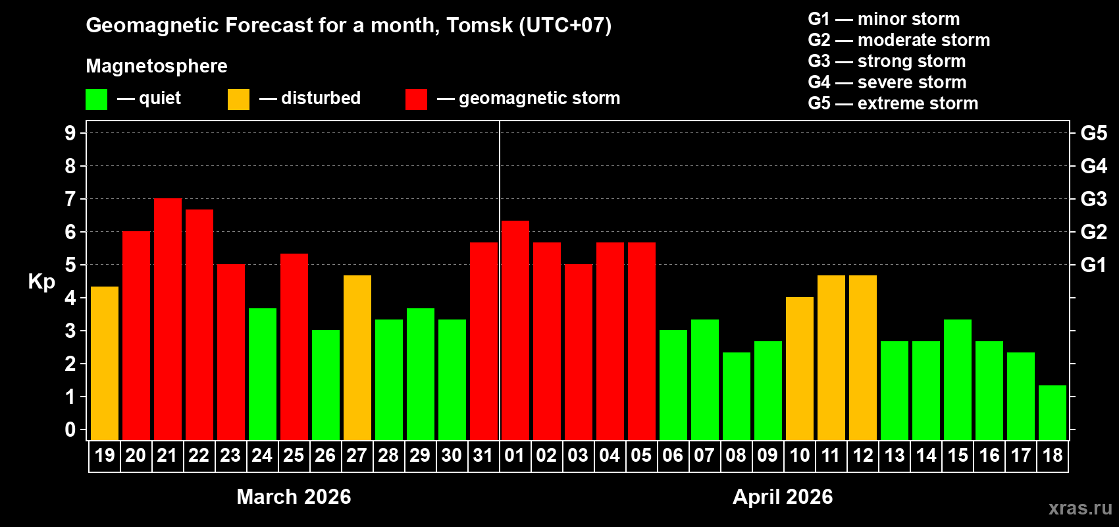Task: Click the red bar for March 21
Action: click(x=168, y=319)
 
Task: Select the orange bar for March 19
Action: click(x=105, y=363)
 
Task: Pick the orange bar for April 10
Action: click(x=800, y=368)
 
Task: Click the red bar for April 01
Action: click(x=515, y=330)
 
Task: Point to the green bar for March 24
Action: click(x=263, y=374)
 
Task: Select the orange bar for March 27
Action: click(x=357, y=358)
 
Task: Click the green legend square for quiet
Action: click(x=96, y=99)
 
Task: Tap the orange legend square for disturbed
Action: click(x=238, y=99)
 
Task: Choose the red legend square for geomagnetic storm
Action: click(x=416, y=99)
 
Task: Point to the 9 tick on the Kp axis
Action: click(x=70, y=133)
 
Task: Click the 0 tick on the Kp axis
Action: click(x=70, y=430)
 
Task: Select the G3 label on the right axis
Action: click(x=1093, y=199)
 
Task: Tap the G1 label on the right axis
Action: click(x=1093, y=265)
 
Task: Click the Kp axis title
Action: click(x=41, y=282)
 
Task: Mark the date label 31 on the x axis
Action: click(x=483, y=455)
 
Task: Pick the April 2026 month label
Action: click(x=783, y=497)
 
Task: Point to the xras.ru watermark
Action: click(x=1080, y=508)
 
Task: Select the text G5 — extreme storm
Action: click(x=893, y=103)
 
